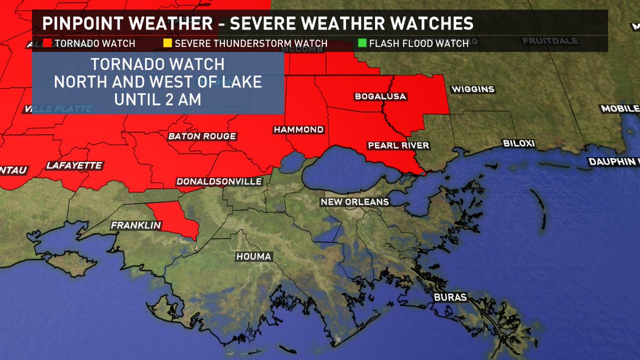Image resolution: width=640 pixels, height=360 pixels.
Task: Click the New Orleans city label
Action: [355, 202]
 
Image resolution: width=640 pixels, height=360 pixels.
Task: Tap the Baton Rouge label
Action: [202, 137]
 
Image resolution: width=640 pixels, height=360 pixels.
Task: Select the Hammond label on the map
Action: [299, 130]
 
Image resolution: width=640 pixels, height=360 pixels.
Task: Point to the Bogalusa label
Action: [381, 97]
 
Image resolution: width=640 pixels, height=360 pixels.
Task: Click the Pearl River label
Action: [398, 146]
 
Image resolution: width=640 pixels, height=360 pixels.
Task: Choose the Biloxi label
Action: [519, 143]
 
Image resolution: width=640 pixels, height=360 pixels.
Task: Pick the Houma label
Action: [254, 257]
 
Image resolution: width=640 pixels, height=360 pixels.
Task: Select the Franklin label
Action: [136, 226]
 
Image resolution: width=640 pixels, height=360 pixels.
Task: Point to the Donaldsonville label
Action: [220, 182]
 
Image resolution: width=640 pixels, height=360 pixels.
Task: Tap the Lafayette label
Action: [74, 166]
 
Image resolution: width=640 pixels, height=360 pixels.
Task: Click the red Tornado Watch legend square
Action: [47, 43]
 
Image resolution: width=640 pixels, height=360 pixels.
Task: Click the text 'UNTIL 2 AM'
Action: [157, 99]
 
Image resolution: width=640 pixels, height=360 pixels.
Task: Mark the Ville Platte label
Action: [59, 109]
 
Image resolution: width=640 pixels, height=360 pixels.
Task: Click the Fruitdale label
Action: [546, 41]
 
